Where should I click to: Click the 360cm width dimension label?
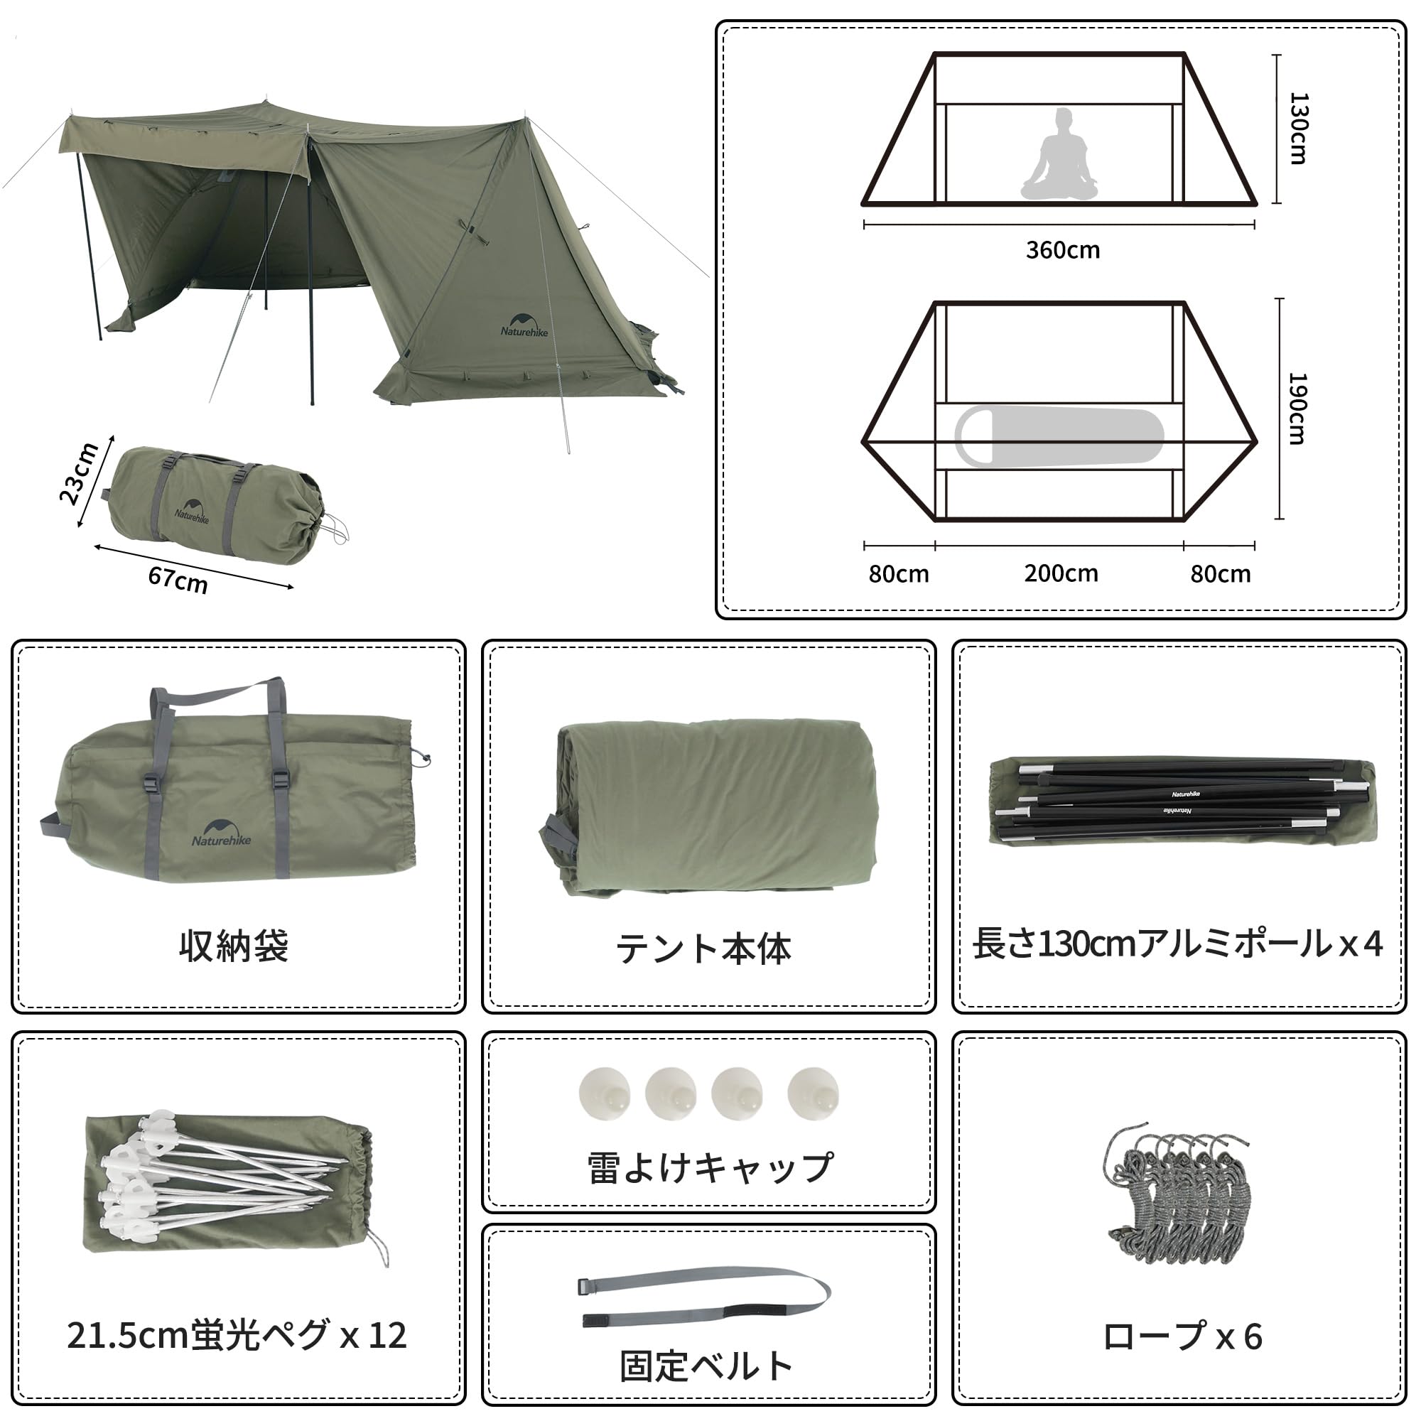(1063, 250)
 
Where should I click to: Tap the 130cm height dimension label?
(1299, 128)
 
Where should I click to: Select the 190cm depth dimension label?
(1297, 409)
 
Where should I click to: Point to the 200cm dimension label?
(1061, 573)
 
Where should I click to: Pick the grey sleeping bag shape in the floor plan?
(1059, 437)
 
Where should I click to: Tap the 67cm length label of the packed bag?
(178, 579)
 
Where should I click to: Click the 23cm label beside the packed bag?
(79, 473)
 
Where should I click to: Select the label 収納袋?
(234, 946)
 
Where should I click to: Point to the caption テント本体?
(704, 948)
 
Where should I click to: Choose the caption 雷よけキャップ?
(710, 1167)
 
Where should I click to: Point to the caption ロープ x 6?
(1182, 1336)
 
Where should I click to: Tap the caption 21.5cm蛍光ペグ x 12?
(237, 1335)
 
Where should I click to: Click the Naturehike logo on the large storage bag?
(221, 833)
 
